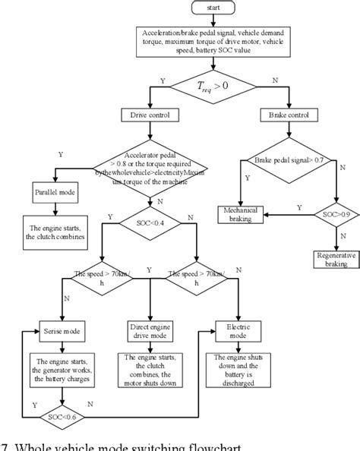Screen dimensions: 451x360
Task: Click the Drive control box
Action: click(150, 115)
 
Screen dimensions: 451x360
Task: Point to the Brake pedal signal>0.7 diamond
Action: click(284, 160)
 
